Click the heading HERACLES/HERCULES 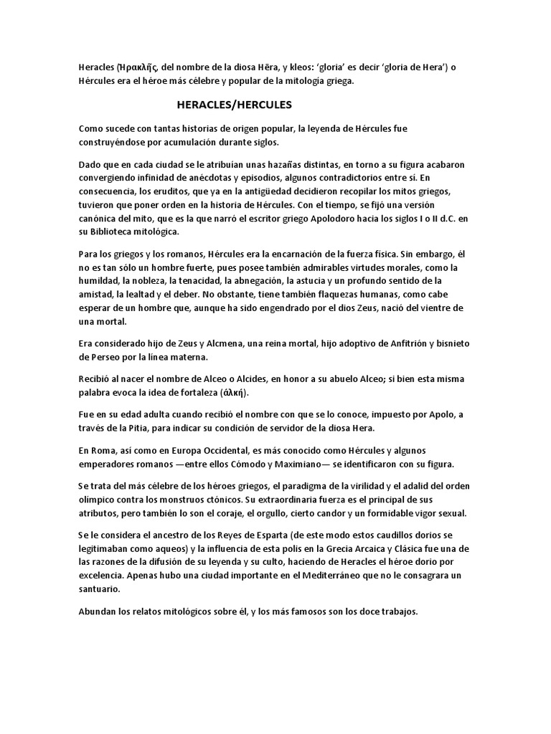[x=235, y=105]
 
